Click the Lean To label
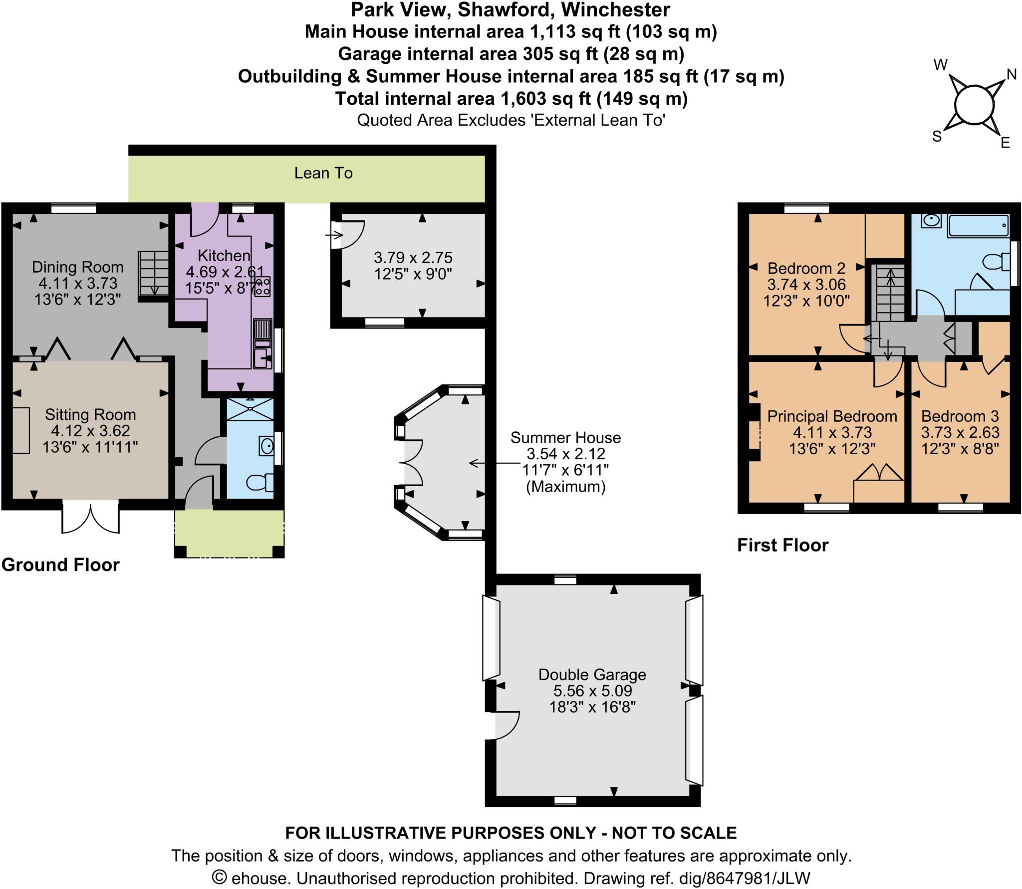coord(323,173)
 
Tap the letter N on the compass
coord(1012,74)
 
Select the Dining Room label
coord(77,267)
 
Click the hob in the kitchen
coord(262,286)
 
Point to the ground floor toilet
coord(260,482)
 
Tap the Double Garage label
coord(592,675)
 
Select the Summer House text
coord(565,438)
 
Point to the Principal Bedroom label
coord(832,416)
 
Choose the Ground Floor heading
coord(60,565)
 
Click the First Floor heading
coord(782,545)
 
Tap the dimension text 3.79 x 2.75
coord(413,258)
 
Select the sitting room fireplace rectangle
coord(21,430)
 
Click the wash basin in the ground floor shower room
coord(266,445)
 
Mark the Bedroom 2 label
coord(806,268)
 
